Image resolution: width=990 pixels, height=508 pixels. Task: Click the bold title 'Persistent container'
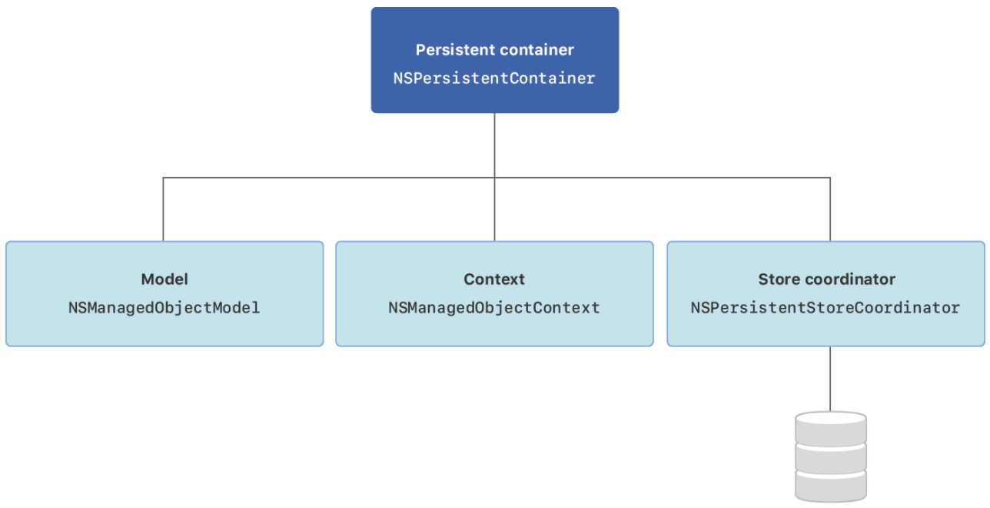click(494, 50)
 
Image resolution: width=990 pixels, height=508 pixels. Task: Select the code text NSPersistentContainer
click(494, 78)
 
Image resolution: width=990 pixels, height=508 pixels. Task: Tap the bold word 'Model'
click(164, 279)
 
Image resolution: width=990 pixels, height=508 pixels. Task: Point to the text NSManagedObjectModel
click(164, 308)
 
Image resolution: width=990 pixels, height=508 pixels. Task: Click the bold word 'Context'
click(494, 279)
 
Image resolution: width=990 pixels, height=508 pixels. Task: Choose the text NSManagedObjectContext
click(494, 308)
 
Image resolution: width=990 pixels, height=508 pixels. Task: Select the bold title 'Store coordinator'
click(826, 279)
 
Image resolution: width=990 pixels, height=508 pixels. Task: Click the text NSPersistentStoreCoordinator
click(826, 308)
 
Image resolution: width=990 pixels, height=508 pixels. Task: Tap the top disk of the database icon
click(830, 426)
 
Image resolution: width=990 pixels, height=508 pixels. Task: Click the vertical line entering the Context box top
click(494, 212)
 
